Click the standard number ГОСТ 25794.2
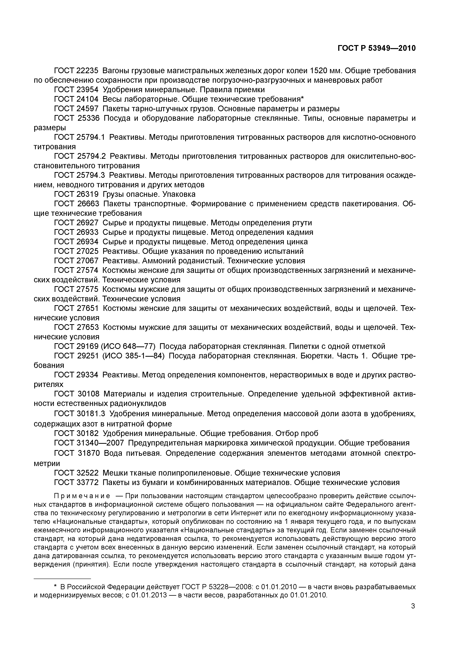tap(80, 156)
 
